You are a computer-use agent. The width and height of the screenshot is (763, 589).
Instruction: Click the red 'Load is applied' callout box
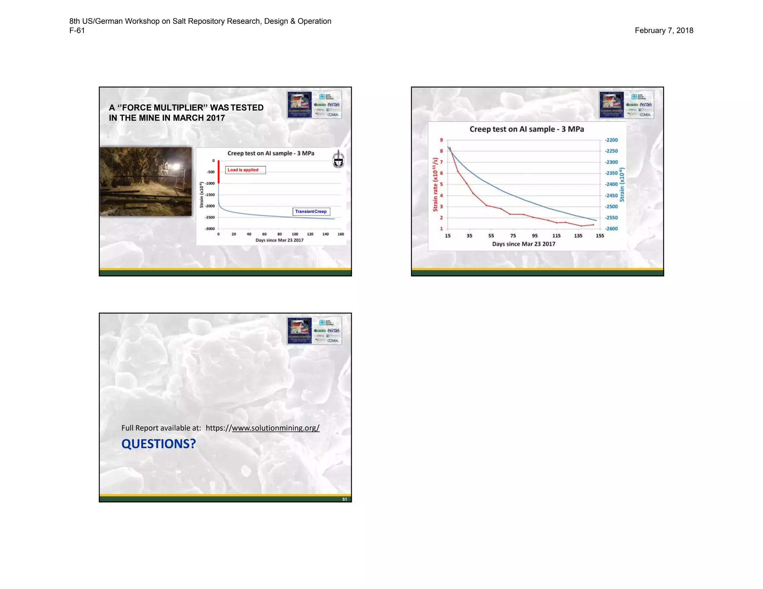245,170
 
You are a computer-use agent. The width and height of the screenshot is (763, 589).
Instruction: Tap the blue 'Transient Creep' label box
311,211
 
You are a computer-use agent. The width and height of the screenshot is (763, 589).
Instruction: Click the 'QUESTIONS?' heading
158,444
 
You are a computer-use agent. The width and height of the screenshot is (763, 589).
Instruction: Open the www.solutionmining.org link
275,428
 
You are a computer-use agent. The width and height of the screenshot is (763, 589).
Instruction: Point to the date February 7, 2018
664,31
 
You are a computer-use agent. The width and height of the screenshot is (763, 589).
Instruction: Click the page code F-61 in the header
77,31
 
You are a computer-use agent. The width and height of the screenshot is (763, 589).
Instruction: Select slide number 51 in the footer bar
345,499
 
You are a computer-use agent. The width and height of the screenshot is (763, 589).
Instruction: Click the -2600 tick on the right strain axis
611,229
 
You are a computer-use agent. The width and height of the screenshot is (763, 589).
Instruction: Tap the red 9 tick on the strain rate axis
441,140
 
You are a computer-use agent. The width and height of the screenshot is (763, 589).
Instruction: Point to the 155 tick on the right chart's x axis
600,236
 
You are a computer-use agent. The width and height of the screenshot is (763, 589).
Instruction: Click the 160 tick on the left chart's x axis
341,234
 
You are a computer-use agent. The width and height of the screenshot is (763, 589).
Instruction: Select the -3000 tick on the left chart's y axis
210,229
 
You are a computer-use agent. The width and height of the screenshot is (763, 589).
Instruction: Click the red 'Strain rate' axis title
435,184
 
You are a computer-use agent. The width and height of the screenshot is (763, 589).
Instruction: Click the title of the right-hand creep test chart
526,129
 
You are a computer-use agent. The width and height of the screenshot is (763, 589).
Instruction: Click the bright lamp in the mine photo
177,166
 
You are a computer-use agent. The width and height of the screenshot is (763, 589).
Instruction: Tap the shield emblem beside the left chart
338,159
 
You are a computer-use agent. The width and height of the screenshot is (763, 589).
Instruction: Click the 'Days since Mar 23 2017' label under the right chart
523,244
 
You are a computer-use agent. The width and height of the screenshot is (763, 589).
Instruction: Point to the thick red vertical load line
219,172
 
